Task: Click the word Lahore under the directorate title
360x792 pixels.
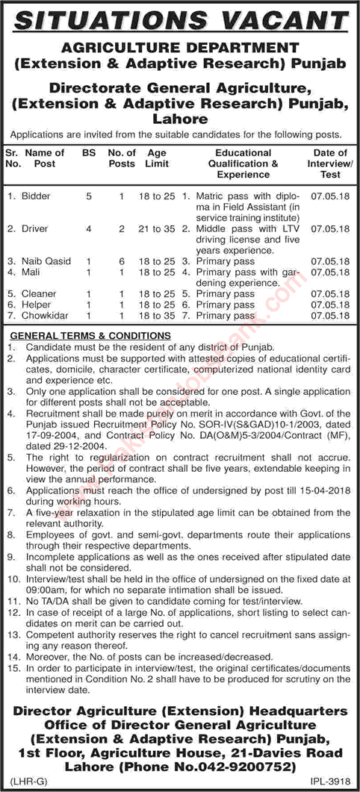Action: pyautogui.click(x=179, y=118)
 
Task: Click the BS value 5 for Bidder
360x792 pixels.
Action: pyautogui.click(x=89, y=196)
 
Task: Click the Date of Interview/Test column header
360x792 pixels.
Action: pyautogui.click(x=330, y=163)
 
